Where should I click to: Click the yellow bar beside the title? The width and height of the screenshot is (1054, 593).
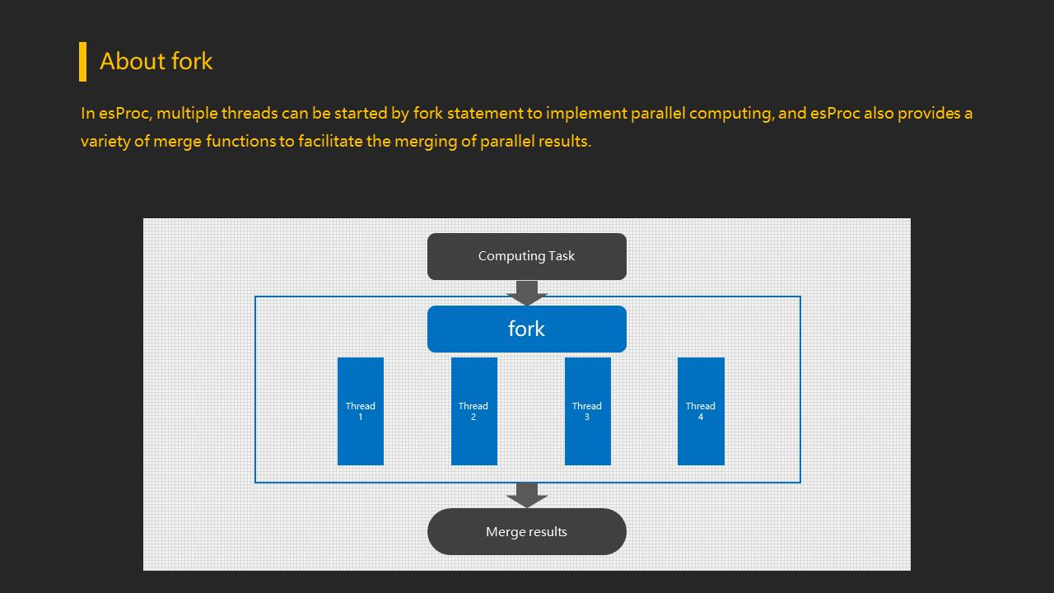[x=83, y=62]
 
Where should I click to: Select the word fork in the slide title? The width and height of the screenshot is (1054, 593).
[x=192, y=61]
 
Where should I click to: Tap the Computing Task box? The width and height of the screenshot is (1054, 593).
[x=526, y=256]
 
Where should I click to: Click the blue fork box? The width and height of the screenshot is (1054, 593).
[x=526, y=329]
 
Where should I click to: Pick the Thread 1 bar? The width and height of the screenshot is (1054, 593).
[x=361, y=411]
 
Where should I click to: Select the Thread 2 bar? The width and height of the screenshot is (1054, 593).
[x=473, y=411]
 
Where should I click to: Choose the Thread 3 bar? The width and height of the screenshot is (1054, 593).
[x=588, y=411]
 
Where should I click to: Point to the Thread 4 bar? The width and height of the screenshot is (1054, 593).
[x=701, y=411]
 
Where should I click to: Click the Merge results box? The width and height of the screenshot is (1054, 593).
[x=526, y=532]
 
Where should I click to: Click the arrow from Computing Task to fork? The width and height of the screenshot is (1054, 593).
[x=526, y=293]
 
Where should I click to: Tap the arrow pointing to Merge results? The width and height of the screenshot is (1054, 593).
[x=526, y=496]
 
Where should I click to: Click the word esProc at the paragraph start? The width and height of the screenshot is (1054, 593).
[x=124, y=114]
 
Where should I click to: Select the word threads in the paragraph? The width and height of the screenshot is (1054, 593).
[x=250, y=114]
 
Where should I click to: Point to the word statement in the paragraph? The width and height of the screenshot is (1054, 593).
[x=485, y=114]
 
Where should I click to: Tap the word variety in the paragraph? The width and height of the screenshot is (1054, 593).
[x=105, y=142]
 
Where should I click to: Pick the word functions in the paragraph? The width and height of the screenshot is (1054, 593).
[x=240, y=141]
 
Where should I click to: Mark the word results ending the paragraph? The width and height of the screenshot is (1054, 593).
[x=565, y=141]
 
